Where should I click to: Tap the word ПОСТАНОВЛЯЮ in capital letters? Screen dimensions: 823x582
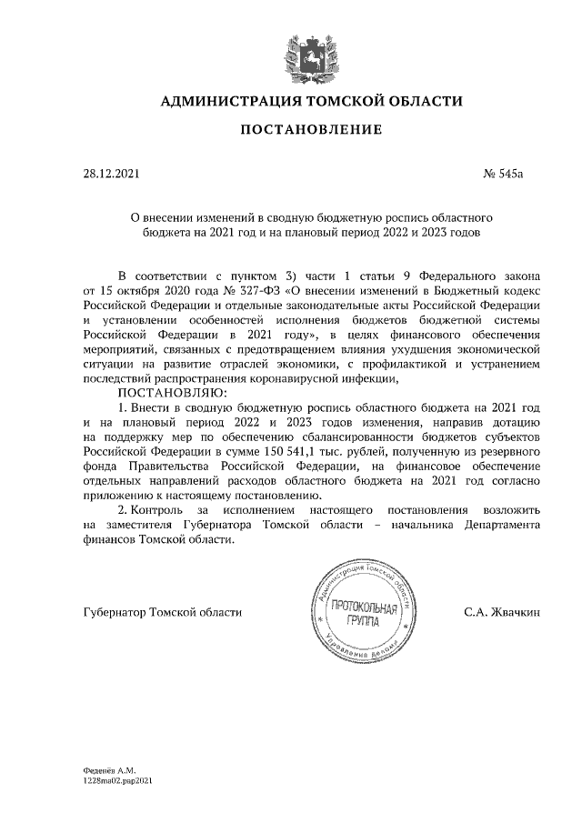tap(171, 391)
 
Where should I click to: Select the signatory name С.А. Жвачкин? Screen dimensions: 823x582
tap(502, 612)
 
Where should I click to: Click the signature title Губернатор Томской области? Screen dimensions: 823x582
tap(162, 612)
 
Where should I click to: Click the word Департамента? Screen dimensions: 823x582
tap(499, 525)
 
